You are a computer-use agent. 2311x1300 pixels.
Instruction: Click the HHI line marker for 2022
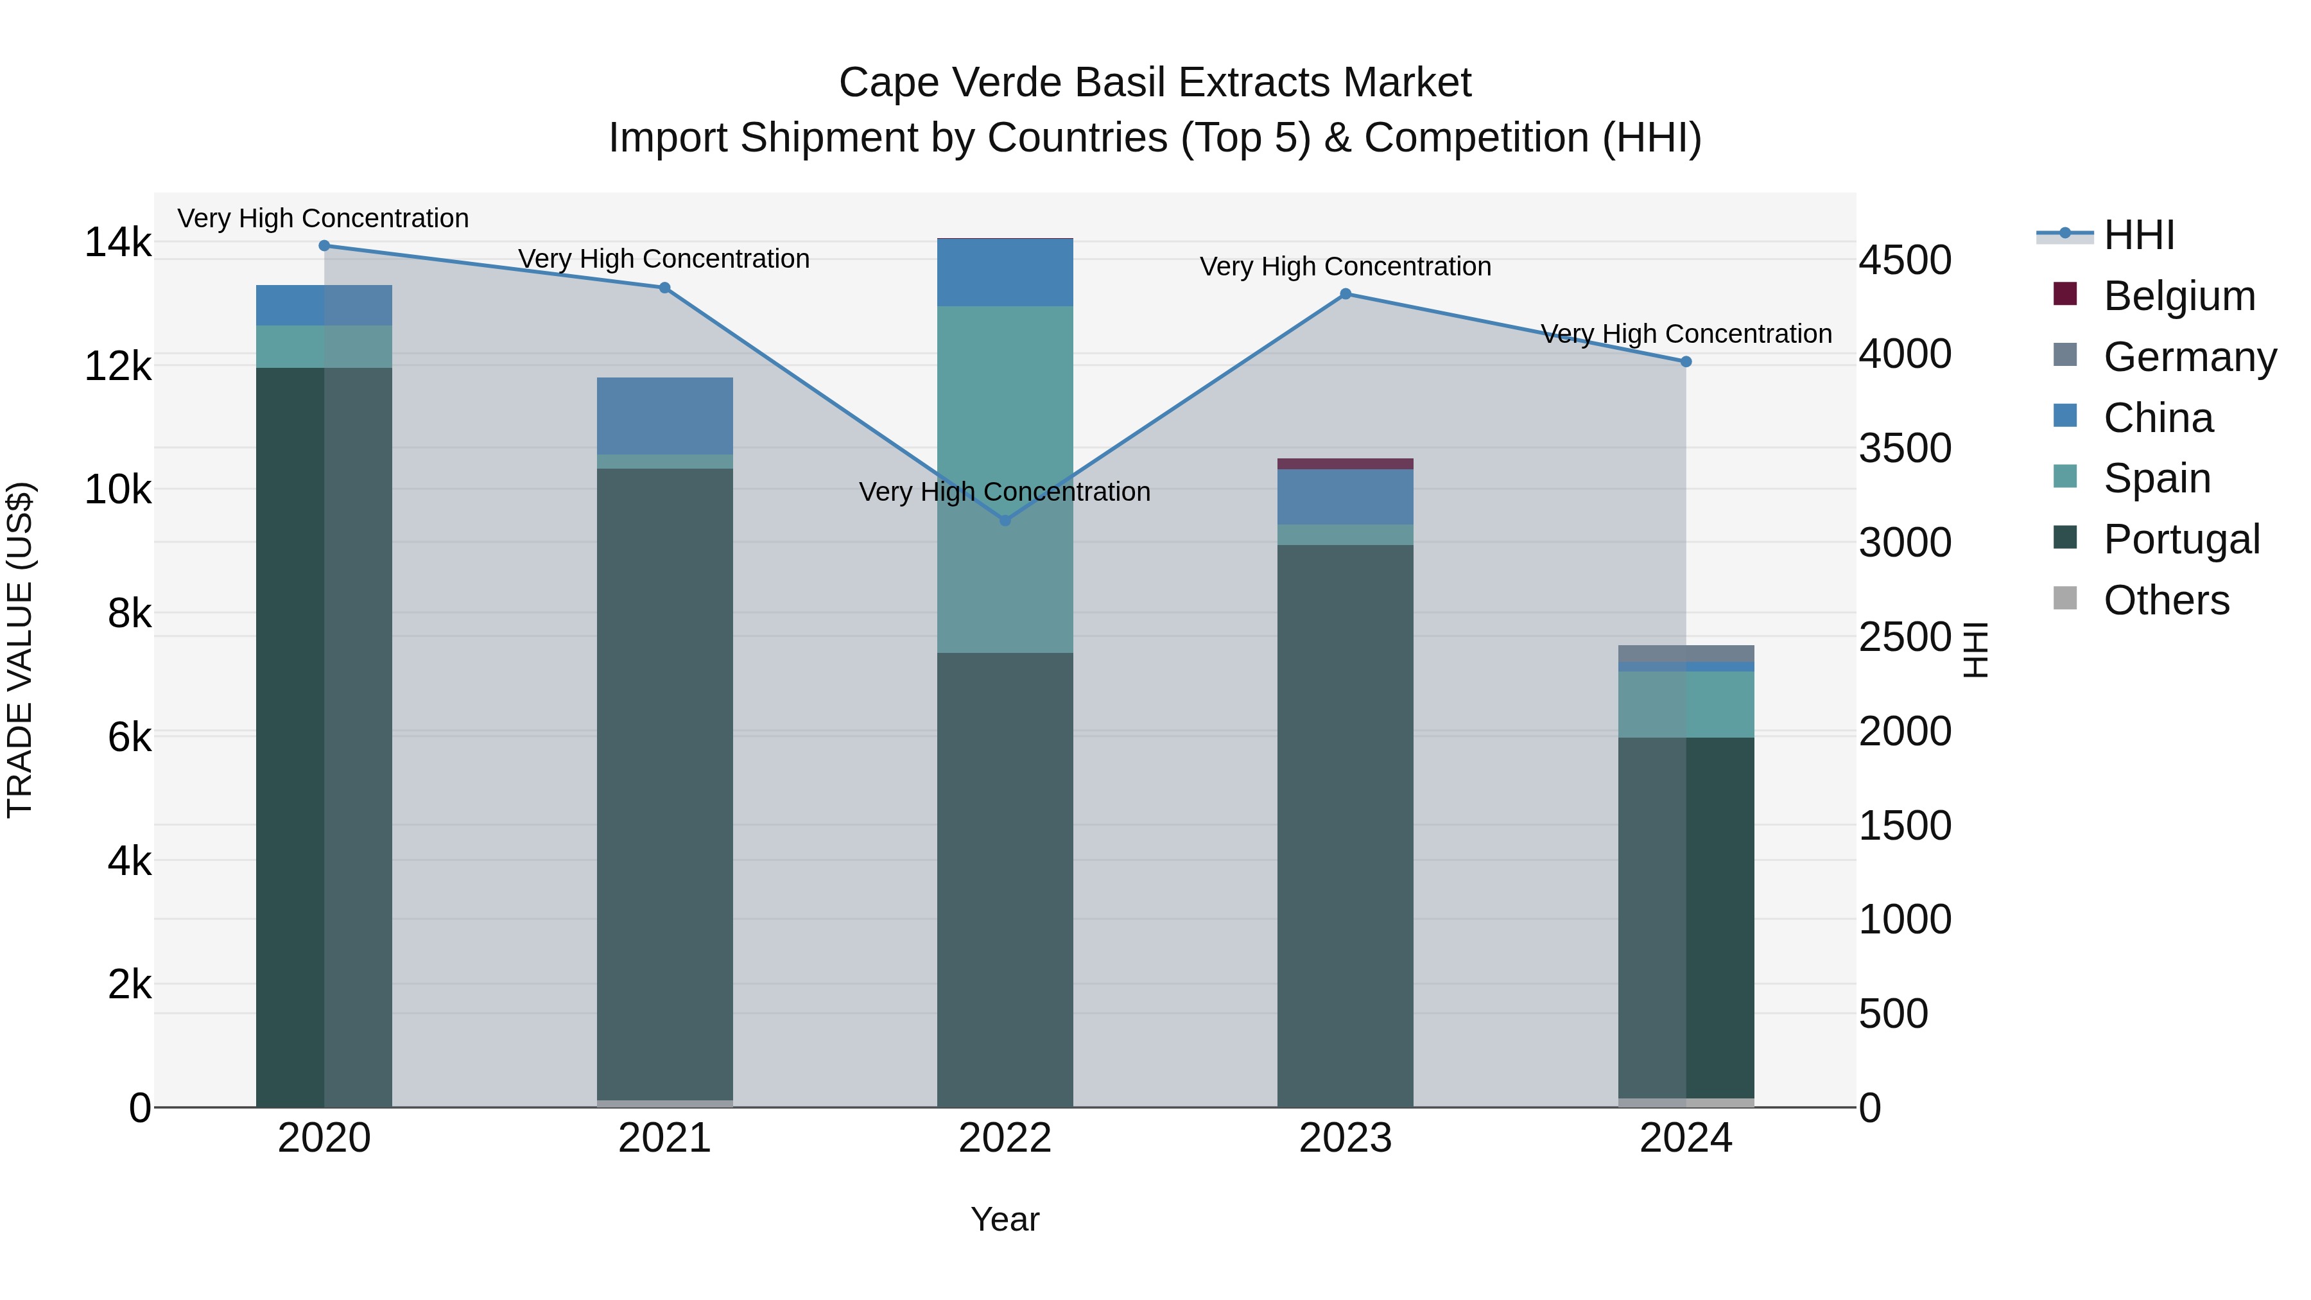pyautogui.click(x=1005, y=521)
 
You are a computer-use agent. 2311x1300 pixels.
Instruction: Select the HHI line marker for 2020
pyautogui.click(x=325, y=246)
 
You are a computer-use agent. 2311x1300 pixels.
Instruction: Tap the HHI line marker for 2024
pyautogui.click(x=1686, y=361)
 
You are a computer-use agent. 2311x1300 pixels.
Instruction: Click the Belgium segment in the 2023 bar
pyautogui.click(x=1345, y=464)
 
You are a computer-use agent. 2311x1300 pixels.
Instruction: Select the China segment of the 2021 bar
pyautogui.click(x=665, y=415)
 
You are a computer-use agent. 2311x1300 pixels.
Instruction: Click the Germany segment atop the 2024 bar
pyautogui.click(x=1686, y=653)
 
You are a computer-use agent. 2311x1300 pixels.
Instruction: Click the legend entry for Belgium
pyautogui.click(x=2178, y=296)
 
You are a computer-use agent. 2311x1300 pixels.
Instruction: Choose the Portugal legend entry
pyautogui.click(x=2180, y=539)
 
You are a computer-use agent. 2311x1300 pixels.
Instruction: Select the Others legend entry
pyautogui.click(x=2166, y=600)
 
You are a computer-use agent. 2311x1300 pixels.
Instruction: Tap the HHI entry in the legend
pyautogui.click(x=2139, y=235)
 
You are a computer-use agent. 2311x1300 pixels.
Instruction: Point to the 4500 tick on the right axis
pyautogui.click(x=1905, y=260)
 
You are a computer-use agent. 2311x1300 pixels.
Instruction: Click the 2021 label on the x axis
pyautogui.click(x=665, y=1138)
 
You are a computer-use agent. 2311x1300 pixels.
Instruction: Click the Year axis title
pyautogui.click(x=1005, y=1219)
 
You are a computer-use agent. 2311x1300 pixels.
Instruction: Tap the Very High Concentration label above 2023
pyautogui.click(x=1345, y=266)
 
